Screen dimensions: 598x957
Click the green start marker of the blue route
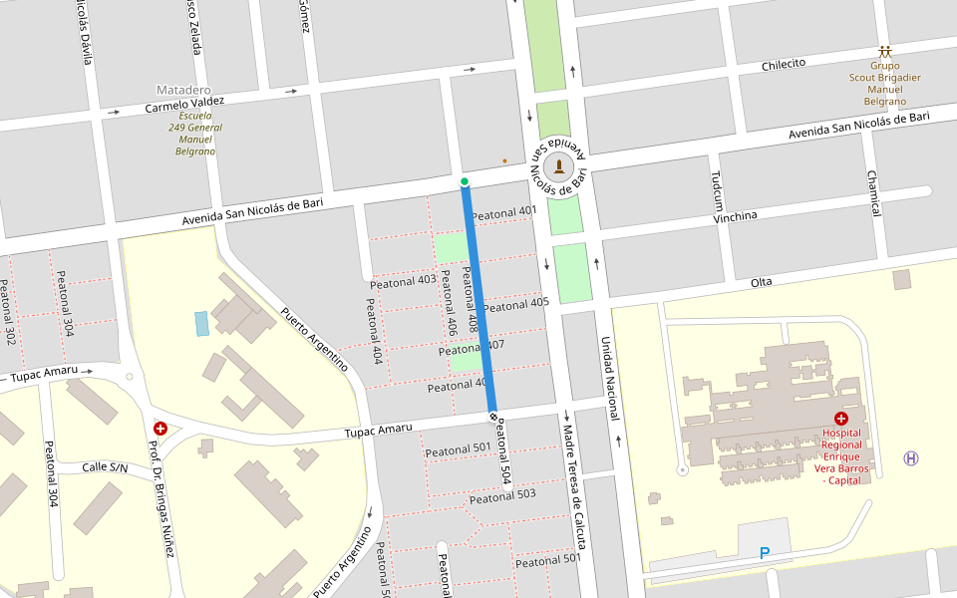click(465, 181)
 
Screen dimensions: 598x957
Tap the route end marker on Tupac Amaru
click(492, 416)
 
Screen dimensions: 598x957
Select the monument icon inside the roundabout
click(559, 165)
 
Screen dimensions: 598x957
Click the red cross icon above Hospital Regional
click(840, 420)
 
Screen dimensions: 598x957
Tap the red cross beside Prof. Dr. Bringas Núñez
click(159, 429)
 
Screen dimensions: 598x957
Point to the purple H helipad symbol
click(910, 457)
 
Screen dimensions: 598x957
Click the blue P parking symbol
click(765, 552)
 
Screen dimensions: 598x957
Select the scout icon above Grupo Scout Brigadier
click(884, 52)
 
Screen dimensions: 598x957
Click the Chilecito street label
click(783, 65)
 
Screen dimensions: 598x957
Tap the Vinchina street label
click(735, 216)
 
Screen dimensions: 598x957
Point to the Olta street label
click(761, 282)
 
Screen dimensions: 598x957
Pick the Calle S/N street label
click(105, 466)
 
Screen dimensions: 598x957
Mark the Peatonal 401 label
click(503, 212)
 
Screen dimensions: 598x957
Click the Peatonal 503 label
click(502, 495)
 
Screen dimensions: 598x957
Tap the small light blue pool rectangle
click(202, 323)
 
